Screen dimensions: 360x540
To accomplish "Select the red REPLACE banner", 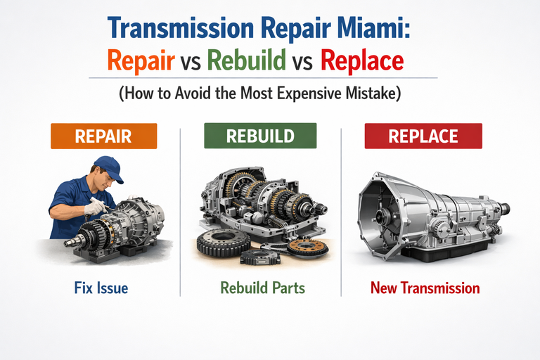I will pyautogui.click(x=423, y=136).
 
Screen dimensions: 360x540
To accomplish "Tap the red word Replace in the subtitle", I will pyautogui.click(x=362, y=61).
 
